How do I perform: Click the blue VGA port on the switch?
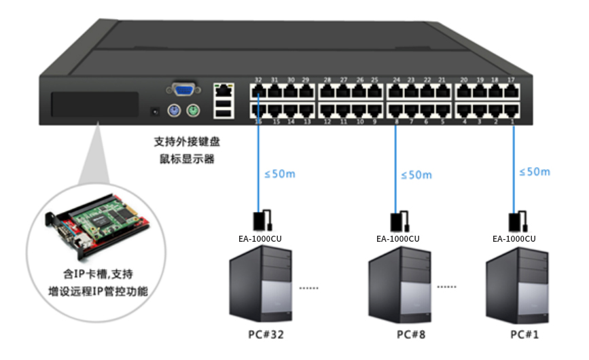[x=184, y=89]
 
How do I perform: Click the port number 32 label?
[x=258, y=80]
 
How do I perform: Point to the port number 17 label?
[x=511, y=80]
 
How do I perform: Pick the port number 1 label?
[x=511, y=122]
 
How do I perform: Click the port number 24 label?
[x=396, y=80]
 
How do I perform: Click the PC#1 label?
[x=526, y=335]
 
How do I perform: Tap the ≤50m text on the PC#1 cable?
[x=534, y=172]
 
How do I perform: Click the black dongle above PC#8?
[x=397, y=221]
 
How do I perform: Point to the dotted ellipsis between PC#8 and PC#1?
[x=447, y=287]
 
